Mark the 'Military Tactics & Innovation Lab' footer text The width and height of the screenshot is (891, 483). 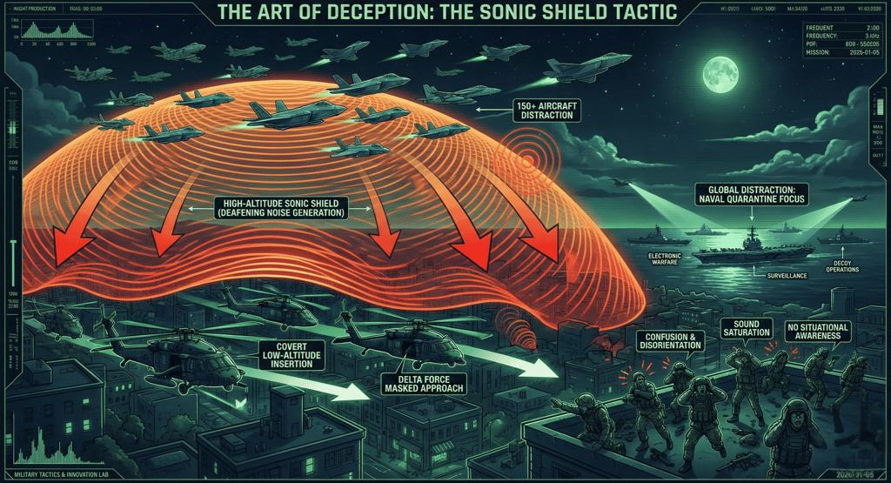pos(53,469)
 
